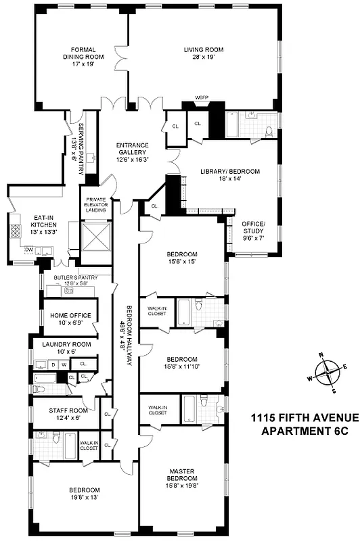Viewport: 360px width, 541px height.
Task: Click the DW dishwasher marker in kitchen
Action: click(29, 250)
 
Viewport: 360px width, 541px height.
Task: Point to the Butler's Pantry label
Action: click(76, 277)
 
